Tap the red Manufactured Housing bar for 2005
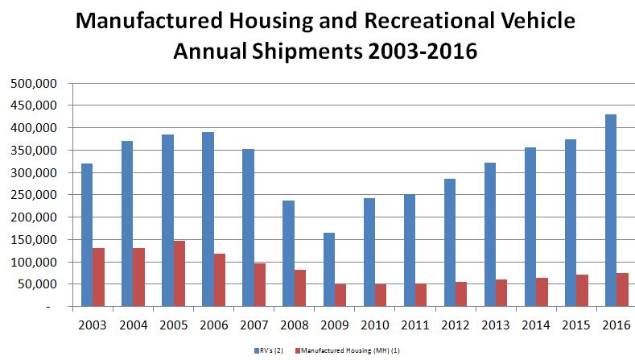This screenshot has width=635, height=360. pyautogui.click(x=179, y=273)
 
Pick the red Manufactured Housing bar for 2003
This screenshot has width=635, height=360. pyautogui.click(x=98, y=277)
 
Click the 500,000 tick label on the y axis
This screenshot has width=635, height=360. pyautogui.click(x=35, y=83)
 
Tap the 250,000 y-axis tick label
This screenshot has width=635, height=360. pyautogui.click(x=35, y=195)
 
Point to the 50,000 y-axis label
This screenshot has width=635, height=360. pyautogui.click(x=38, y=284)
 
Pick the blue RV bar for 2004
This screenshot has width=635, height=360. pyautogui.click(x=127, y=223)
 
